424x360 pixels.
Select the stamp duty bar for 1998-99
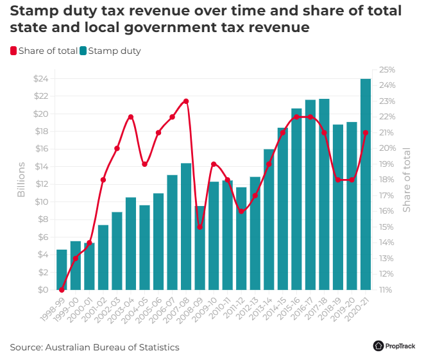62,270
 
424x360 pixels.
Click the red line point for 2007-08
186,101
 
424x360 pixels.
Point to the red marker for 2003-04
131,117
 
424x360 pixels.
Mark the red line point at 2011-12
241,211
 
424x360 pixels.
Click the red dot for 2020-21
366,133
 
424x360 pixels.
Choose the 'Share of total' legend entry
44,51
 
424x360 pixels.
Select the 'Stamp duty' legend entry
110,51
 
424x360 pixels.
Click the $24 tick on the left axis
40,79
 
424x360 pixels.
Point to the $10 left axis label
40,202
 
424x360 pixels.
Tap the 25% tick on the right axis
387,70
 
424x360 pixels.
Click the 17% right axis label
387,196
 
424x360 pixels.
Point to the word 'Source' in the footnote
25,347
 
